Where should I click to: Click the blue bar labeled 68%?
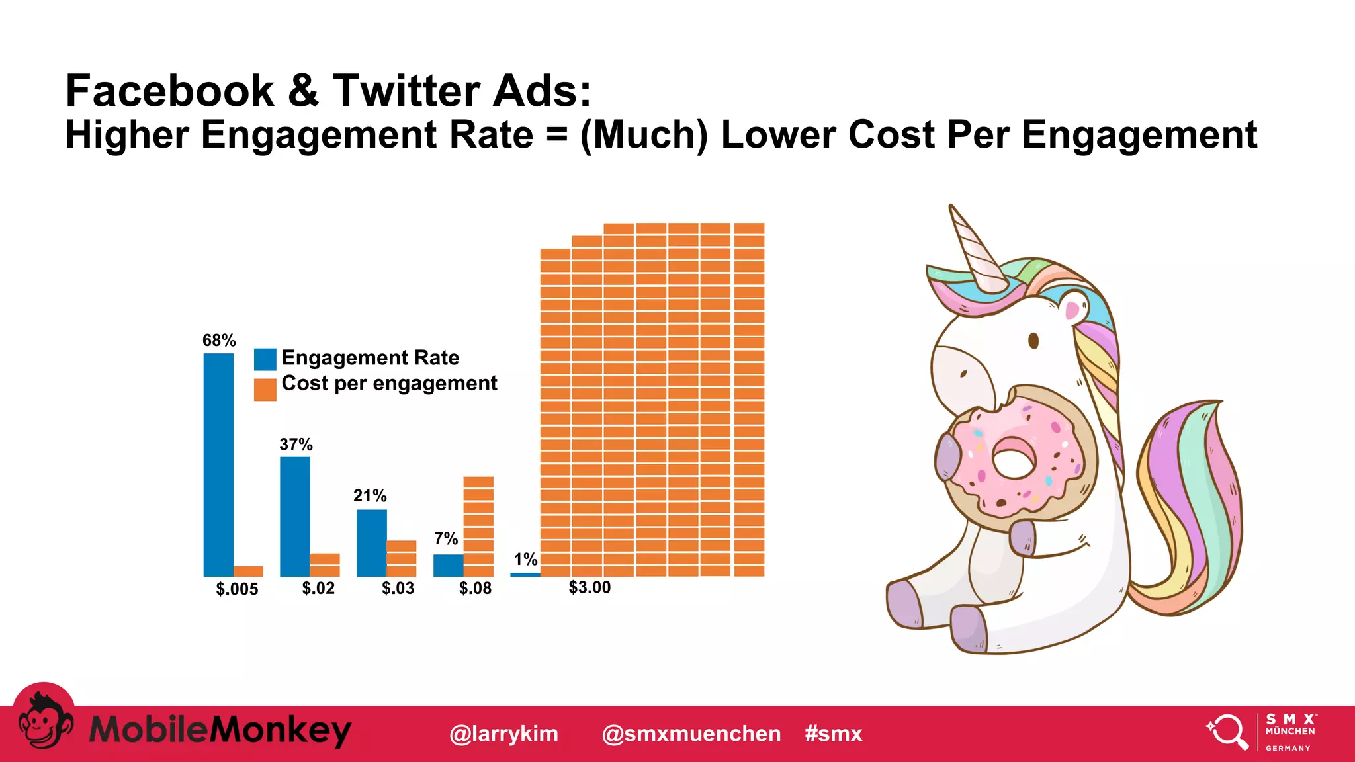[218, 464]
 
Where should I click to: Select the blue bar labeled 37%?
[295, 516]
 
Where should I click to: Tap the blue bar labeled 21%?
[372, 542]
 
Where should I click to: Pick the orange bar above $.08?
[478, 526]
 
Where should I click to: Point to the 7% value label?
[446, 538]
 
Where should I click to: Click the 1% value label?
[525, 560]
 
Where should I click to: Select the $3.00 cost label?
[590, 587]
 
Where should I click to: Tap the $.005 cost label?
[237, 589]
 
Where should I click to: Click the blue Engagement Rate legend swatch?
[265, 359]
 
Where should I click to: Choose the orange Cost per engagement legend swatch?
[265, 389]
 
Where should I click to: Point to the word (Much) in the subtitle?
[644, 135]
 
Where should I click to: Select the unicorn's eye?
[1033, 341]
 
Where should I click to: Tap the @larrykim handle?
[503, 734]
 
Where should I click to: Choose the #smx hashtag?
[834, 734]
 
